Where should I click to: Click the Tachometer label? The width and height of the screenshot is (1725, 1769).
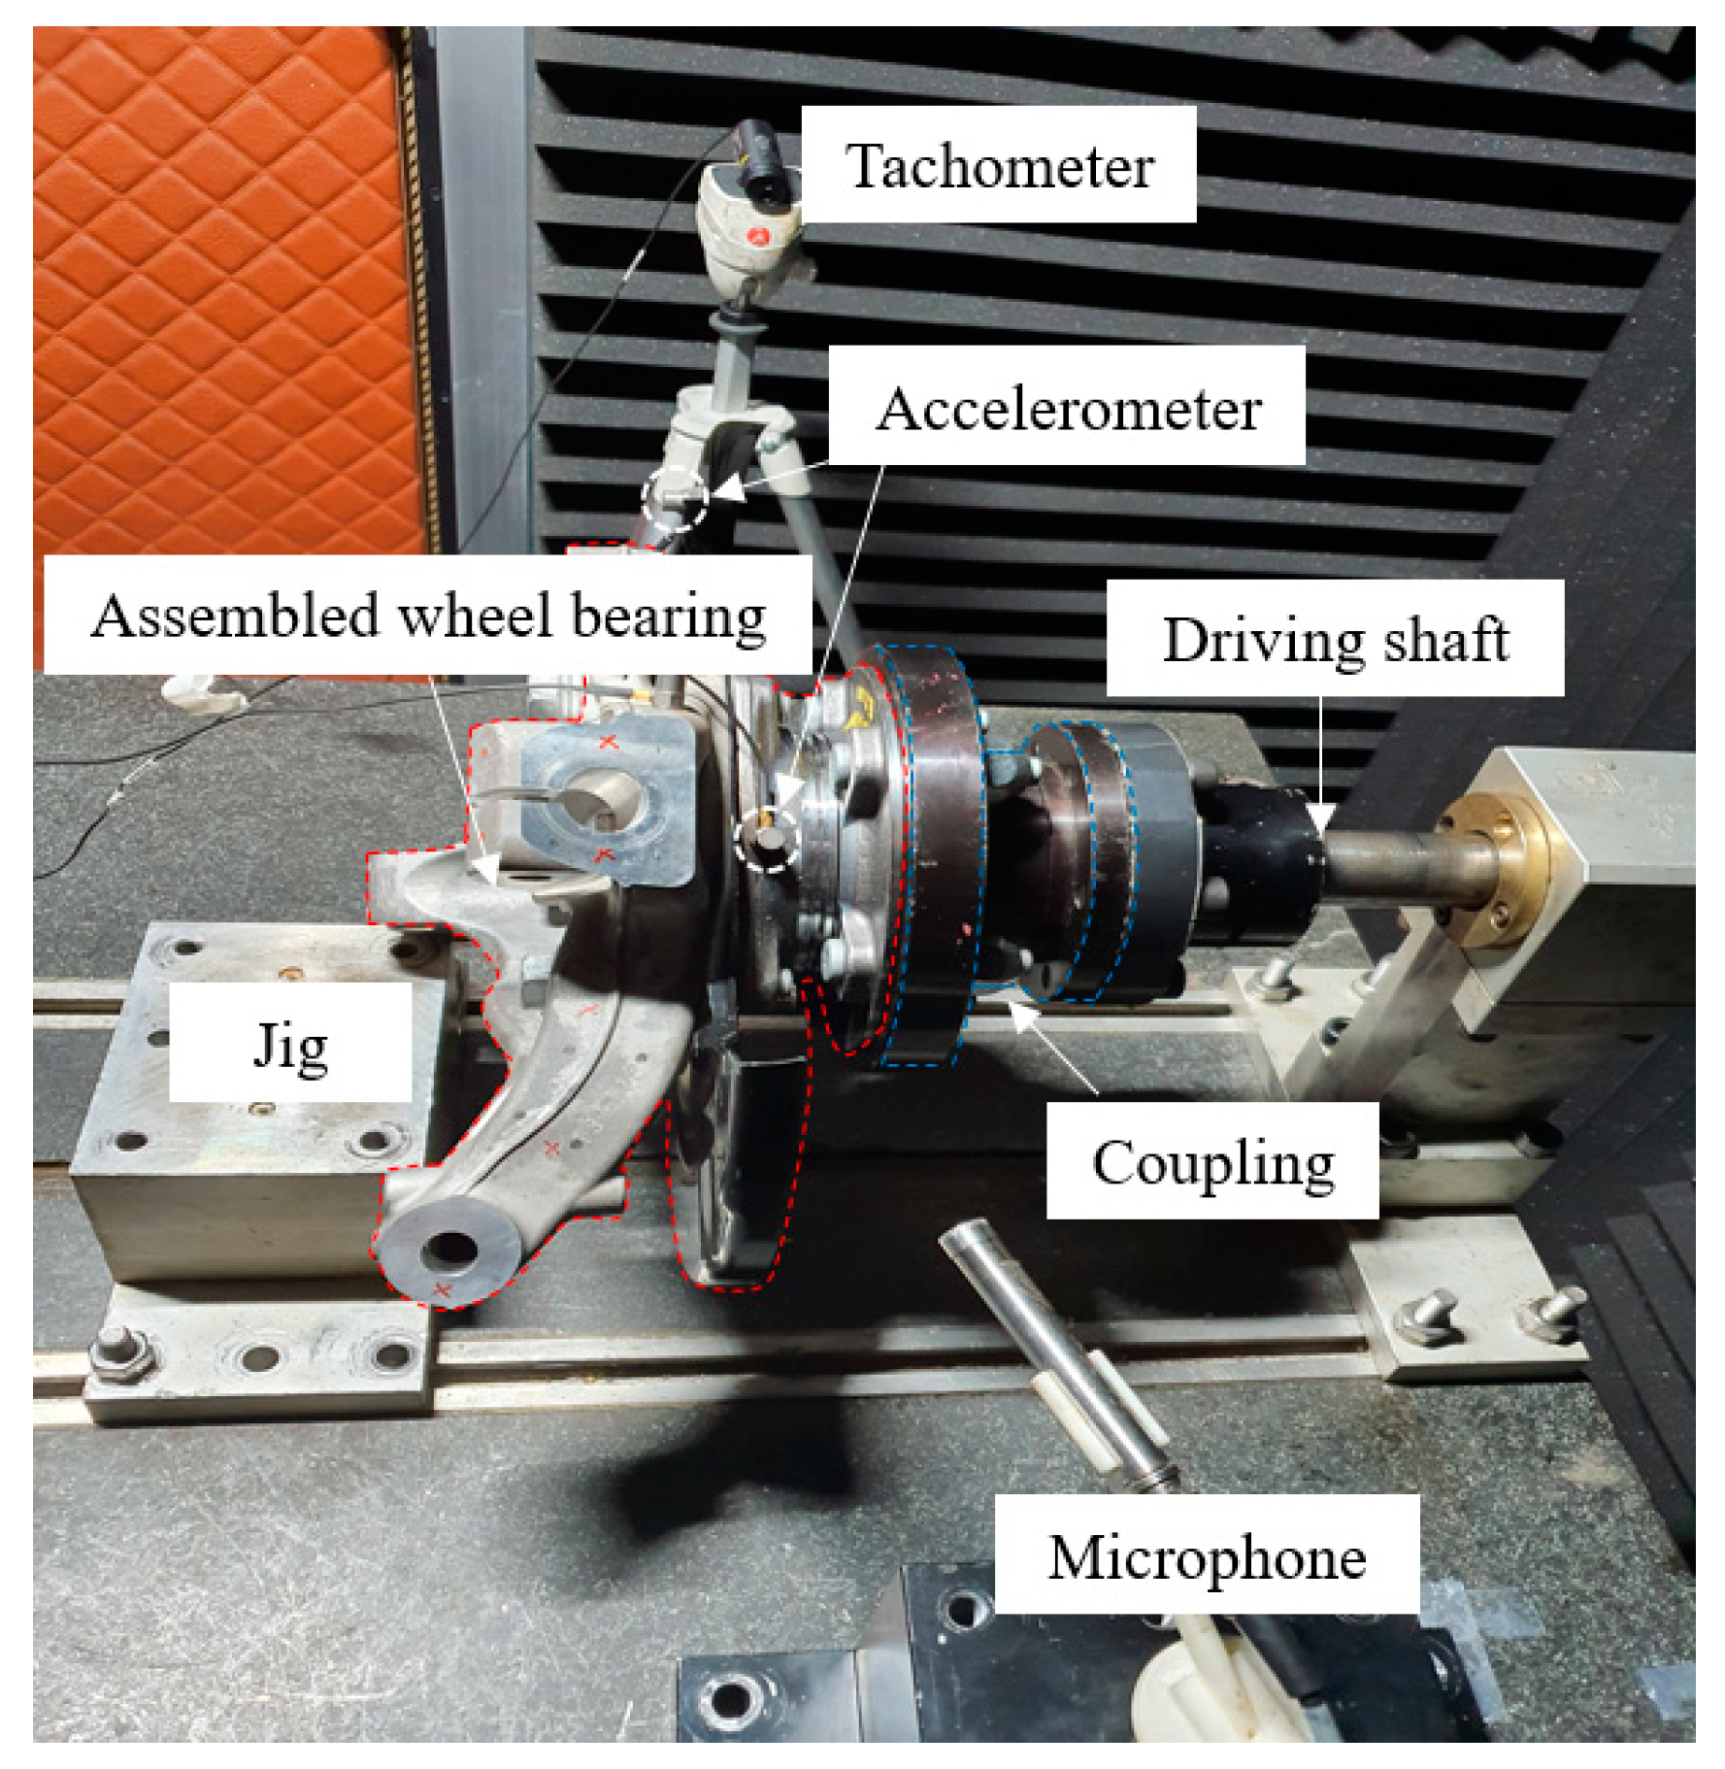tap(999, 165)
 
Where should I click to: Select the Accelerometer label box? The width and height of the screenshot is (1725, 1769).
tap(1067, 407)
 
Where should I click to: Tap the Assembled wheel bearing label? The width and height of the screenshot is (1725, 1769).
tap(428, 615)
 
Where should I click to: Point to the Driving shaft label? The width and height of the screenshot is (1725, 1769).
tap(1335, 638)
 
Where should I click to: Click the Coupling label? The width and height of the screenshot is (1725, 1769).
tap(1212, 1161)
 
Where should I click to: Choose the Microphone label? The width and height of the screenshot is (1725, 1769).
tap(1207, 1556)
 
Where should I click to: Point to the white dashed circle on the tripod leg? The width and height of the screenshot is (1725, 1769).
tap(676, 496)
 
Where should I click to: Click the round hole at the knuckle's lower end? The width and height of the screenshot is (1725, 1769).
tap(449, 1249)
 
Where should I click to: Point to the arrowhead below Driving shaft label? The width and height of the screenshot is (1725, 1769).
tap(1322, 818)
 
